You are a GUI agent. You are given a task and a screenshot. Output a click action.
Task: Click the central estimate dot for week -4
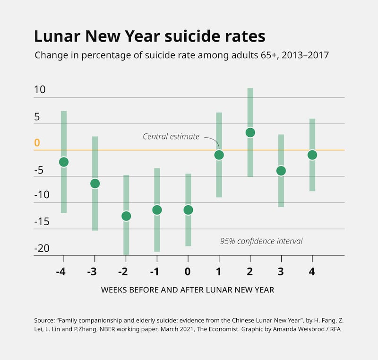(64, 162)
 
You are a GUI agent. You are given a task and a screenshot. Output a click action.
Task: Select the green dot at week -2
(126, 216)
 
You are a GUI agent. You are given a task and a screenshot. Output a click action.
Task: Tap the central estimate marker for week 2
(250, 132)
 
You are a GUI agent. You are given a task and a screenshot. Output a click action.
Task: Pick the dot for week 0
(188, 210)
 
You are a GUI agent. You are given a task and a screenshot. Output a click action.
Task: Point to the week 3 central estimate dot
(281, 170)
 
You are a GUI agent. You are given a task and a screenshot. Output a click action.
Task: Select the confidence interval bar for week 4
(312, 132)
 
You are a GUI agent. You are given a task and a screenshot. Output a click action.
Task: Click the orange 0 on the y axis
(37, 143)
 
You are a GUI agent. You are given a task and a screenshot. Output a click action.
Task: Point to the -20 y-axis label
(42, 248)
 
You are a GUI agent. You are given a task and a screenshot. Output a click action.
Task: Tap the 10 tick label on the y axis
(40, 89)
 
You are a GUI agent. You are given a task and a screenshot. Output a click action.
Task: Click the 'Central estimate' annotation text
(171, 137)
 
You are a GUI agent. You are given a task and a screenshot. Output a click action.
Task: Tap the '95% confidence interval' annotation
(261, 241)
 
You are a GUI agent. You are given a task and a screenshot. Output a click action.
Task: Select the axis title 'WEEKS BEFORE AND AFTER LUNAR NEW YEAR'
(188, 290)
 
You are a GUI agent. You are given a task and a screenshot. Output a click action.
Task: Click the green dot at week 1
(219, 155)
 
